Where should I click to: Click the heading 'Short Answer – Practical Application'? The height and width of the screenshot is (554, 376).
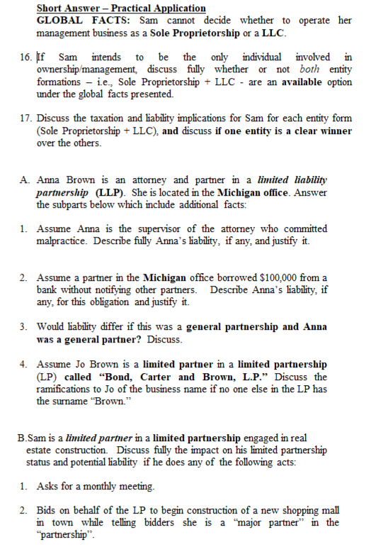coord(121,9)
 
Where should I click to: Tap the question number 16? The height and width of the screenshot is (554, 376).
coord(25,57)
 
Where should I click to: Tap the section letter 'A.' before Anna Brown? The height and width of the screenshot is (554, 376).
coord(25,180)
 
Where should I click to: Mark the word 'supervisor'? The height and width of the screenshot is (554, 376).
coord(146,228)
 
